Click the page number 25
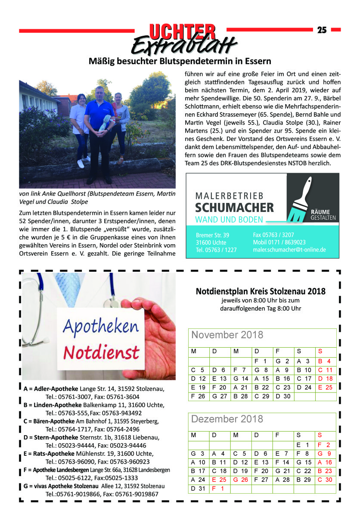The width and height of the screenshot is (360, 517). click(x=322, y=30)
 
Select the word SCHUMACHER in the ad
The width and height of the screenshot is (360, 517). click(x=234, y=208)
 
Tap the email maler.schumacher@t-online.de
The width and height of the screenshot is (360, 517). click(x=289, y=249)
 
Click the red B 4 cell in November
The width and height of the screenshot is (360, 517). click(x=324, y=361)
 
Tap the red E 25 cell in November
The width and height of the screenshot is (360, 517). click(x=324, y=387)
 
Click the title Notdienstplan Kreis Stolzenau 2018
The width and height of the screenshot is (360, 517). click(x=261, y=292)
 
